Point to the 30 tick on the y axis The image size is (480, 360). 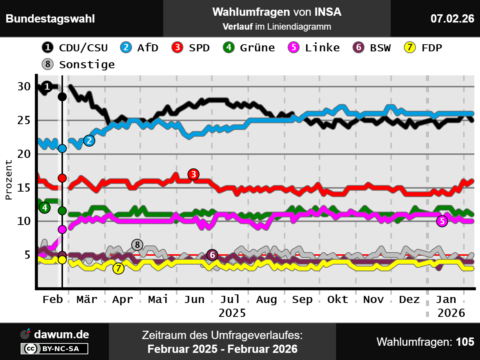(24, 87)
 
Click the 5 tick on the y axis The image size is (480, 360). (27, 255)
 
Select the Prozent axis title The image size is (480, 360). (9, 180)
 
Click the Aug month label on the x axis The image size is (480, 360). (266, 300)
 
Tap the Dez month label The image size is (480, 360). (409, 300)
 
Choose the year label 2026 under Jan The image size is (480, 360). (451, 313)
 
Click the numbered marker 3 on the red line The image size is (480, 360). (193, 174)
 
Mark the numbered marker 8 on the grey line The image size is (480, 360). (137, 245)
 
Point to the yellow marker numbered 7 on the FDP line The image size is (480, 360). (118, 268)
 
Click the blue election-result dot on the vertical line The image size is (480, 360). (62, 148)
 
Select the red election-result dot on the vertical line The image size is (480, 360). (62, 178)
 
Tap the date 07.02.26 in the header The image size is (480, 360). (452, 18)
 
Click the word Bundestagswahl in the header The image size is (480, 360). (50, 19)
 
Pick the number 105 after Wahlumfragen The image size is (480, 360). (465, 342)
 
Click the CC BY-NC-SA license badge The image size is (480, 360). (55, 349)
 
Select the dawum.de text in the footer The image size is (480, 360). (61, 334)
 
